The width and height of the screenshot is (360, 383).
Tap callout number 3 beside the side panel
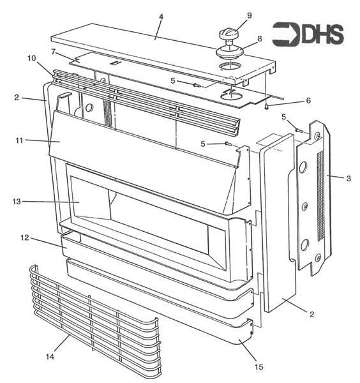[x=348, y=179]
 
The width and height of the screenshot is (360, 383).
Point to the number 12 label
[x=24, y=239]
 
